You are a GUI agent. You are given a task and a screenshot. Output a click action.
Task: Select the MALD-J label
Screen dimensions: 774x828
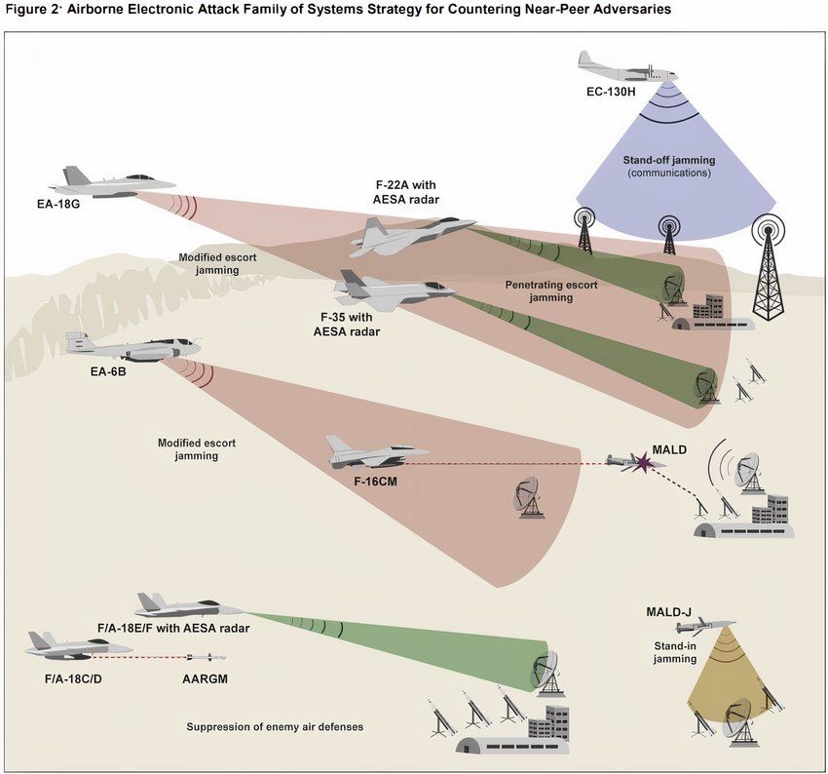(668, 612)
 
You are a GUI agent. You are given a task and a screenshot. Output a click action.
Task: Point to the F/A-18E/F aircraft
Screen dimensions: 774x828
(175, 606)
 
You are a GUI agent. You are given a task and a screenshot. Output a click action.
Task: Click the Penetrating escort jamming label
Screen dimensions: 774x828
(550, 291)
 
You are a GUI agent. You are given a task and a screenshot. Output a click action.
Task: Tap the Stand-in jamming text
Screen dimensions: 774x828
(674, 652)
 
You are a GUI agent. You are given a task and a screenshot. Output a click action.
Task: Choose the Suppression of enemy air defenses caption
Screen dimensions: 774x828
(282, 727)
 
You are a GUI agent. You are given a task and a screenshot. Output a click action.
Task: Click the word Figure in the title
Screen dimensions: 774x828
(27, 9)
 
